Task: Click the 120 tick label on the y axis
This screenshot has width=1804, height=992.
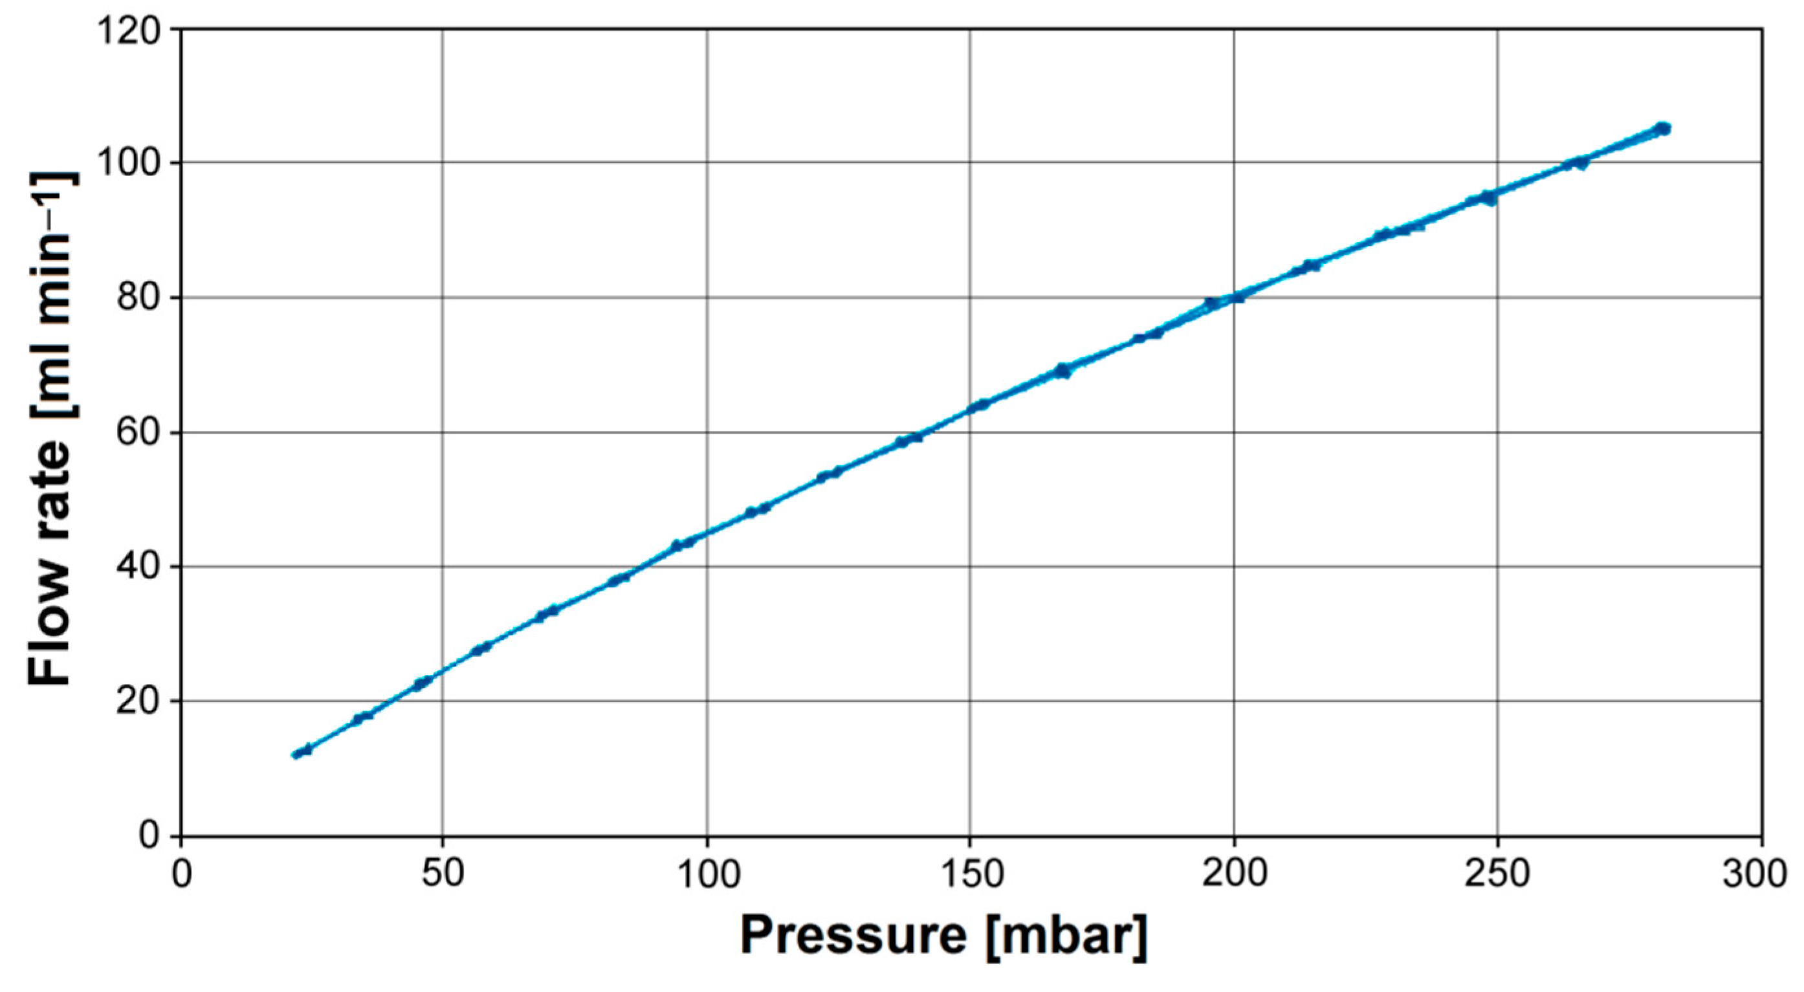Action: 133,31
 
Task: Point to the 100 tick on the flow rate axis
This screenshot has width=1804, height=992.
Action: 133,164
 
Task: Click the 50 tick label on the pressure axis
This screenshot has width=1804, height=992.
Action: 443,875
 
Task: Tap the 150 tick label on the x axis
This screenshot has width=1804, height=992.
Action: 969,875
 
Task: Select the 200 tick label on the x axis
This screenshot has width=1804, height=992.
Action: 1233,875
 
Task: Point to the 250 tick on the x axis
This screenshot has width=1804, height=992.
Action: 1497,875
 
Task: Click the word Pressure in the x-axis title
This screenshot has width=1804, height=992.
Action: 853,936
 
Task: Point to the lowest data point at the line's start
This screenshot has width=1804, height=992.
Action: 297,754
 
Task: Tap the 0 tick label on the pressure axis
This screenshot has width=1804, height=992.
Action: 181,875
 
